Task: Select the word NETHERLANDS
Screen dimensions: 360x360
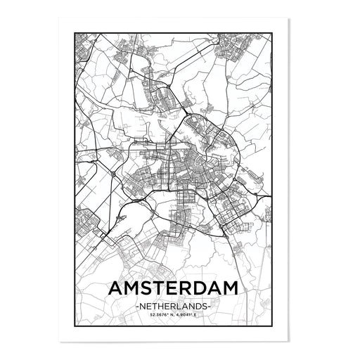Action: click(179, 307)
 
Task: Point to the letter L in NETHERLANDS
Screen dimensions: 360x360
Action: click(187, 307)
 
